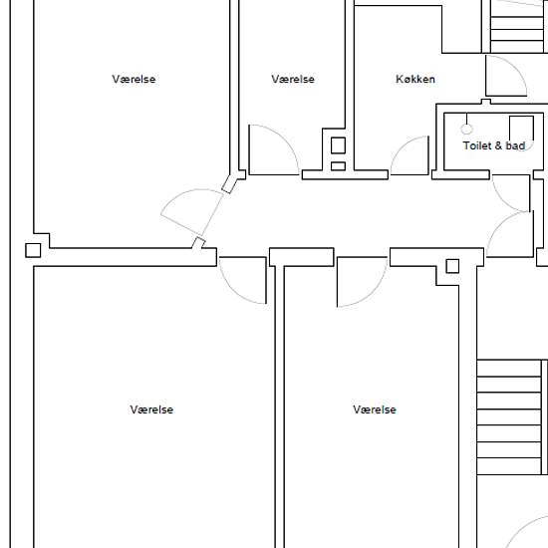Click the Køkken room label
click(x=415, y=80)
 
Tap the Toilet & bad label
click(x=494, y=145)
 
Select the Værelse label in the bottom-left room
click(x=151, y=410)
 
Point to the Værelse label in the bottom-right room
click(x=375, y=410)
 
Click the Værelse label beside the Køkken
click(x=293, y=80)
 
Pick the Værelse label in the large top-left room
click(x=134, y=80)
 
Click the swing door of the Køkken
click(x=410, y=155)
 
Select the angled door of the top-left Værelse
click(x=192, y=212)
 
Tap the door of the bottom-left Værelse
click(x=243, y=280)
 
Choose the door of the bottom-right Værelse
click(x=362, y=282)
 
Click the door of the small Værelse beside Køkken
click(x=274, y=149)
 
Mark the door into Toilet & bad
click(x=511, y=193)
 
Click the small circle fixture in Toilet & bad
click(x=467, y=130)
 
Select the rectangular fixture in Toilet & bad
click(x=521, y=129)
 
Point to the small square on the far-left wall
click(x=33, y=250)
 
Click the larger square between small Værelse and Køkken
click(x=338, y=145)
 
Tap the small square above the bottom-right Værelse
click(x=452, y=266)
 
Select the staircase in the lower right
click(x=512, y=416)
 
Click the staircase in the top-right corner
click(x=519, y=27)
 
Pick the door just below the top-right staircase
click(x=506, y=76)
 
